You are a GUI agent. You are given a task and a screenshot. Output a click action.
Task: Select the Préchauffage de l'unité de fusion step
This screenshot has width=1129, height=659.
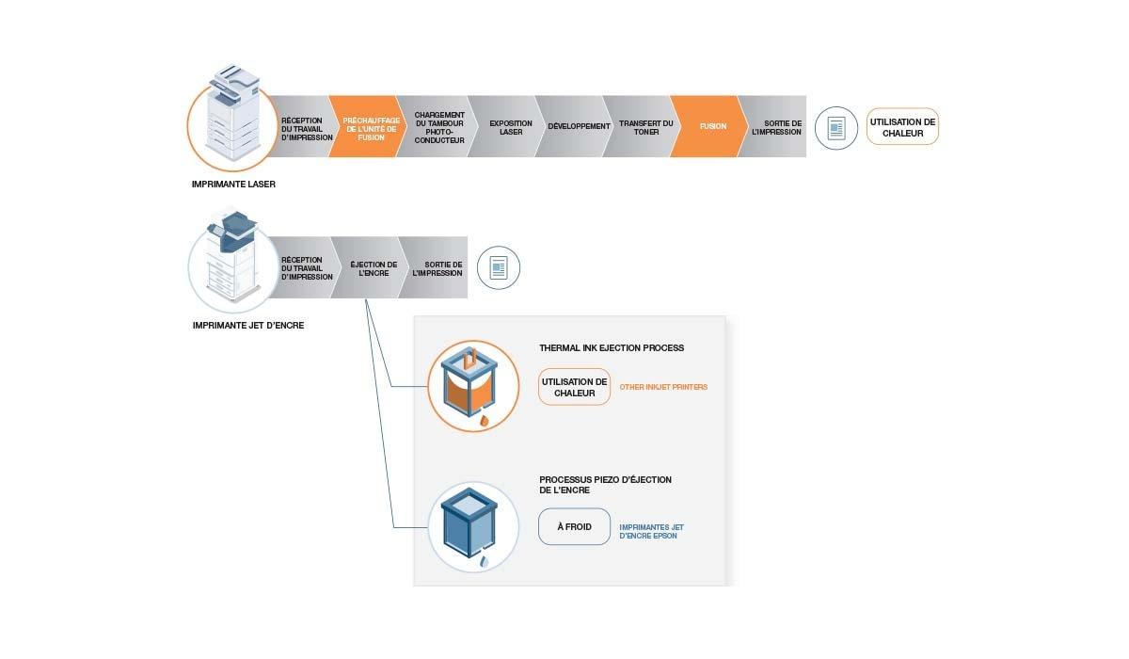(x=371, y=126)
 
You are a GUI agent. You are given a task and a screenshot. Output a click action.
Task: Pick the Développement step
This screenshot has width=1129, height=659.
(x=578, y=126)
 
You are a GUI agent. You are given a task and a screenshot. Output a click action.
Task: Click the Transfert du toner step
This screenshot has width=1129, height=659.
(x=644, y=126)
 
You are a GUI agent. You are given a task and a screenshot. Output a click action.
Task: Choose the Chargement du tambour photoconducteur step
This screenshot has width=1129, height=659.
(x=438, y=126)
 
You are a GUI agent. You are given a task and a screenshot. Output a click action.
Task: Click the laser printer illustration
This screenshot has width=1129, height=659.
(x=230, y=118)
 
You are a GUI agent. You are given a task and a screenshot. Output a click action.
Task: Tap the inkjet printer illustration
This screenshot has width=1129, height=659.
(x=230, y=261)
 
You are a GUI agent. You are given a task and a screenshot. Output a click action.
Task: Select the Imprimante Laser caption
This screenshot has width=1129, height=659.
(x=233, y=185)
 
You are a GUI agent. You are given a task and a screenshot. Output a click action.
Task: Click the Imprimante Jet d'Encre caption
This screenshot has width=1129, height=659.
(x=247, y=326)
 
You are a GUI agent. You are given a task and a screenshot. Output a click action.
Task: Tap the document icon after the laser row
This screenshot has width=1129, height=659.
(x=835, y=127)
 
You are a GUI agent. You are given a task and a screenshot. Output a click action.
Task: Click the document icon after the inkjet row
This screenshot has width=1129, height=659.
(x=498, y=269)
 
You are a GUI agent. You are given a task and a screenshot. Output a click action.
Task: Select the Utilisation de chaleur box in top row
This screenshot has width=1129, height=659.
(x=902, y=127)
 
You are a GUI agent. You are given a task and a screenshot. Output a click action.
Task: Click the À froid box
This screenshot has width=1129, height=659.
(x=574, y=526)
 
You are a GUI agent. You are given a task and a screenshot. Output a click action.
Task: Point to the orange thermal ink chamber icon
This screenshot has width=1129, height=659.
(x=473, y=386)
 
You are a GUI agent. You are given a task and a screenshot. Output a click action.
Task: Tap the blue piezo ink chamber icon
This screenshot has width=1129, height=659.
(x=473, y=526)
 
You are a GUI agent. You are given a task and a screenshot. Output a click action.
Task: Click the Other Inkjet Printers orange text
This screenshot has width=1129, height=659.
(x=663, y=387)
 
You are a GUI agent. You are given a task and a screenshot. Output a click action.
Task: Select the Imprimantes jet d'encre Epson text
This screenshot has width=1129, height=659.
(x=649, y=531)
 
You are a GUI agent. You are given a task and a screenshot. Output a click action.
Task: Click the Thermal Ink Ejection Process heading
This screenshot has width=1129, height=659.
(x=612, y=348)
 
